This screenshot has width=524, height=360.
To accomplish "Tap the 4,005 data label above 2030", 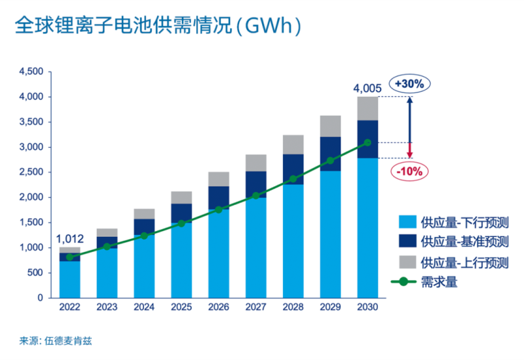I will (367, 88).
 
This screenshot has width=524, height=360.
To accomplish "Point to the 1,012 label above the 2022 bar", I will (69, 239).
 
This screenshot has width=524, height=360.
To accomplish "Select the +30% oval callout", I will (409, 84).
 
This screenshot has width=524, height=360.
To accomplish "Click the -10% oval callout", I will (409, 171).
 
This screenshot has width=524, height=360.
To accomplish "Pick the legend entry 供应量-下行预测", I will (456, 221).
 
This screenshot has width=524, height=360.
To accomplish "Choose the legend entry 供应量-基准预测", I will (456, 242).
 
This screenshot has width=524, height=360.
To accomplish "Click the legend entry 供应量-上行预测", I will (456, 262).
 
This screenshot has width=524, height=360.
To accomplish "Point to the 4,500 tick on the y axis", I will (31, 71).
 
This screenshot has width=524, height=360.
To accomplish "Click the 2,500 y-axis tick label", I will (31, 172).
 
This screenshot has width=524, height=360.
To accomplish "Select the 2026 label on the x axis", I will (218, 308).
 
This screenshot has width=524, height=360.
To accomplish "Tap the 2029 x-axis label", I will (330, 308).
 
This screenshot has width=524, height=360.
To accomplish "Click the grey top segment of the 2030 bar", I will (367, 109).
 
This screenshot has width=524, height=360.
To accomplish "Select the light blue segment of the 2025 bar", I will (181, 262).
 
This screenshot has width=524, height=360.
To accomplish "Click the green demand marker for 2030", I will (367, 143).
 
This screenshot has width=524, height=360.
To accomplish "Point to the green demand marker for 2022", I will (69, 257).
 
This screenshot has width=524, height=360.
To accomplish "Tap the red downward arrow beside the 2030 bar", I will (409, 150).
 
